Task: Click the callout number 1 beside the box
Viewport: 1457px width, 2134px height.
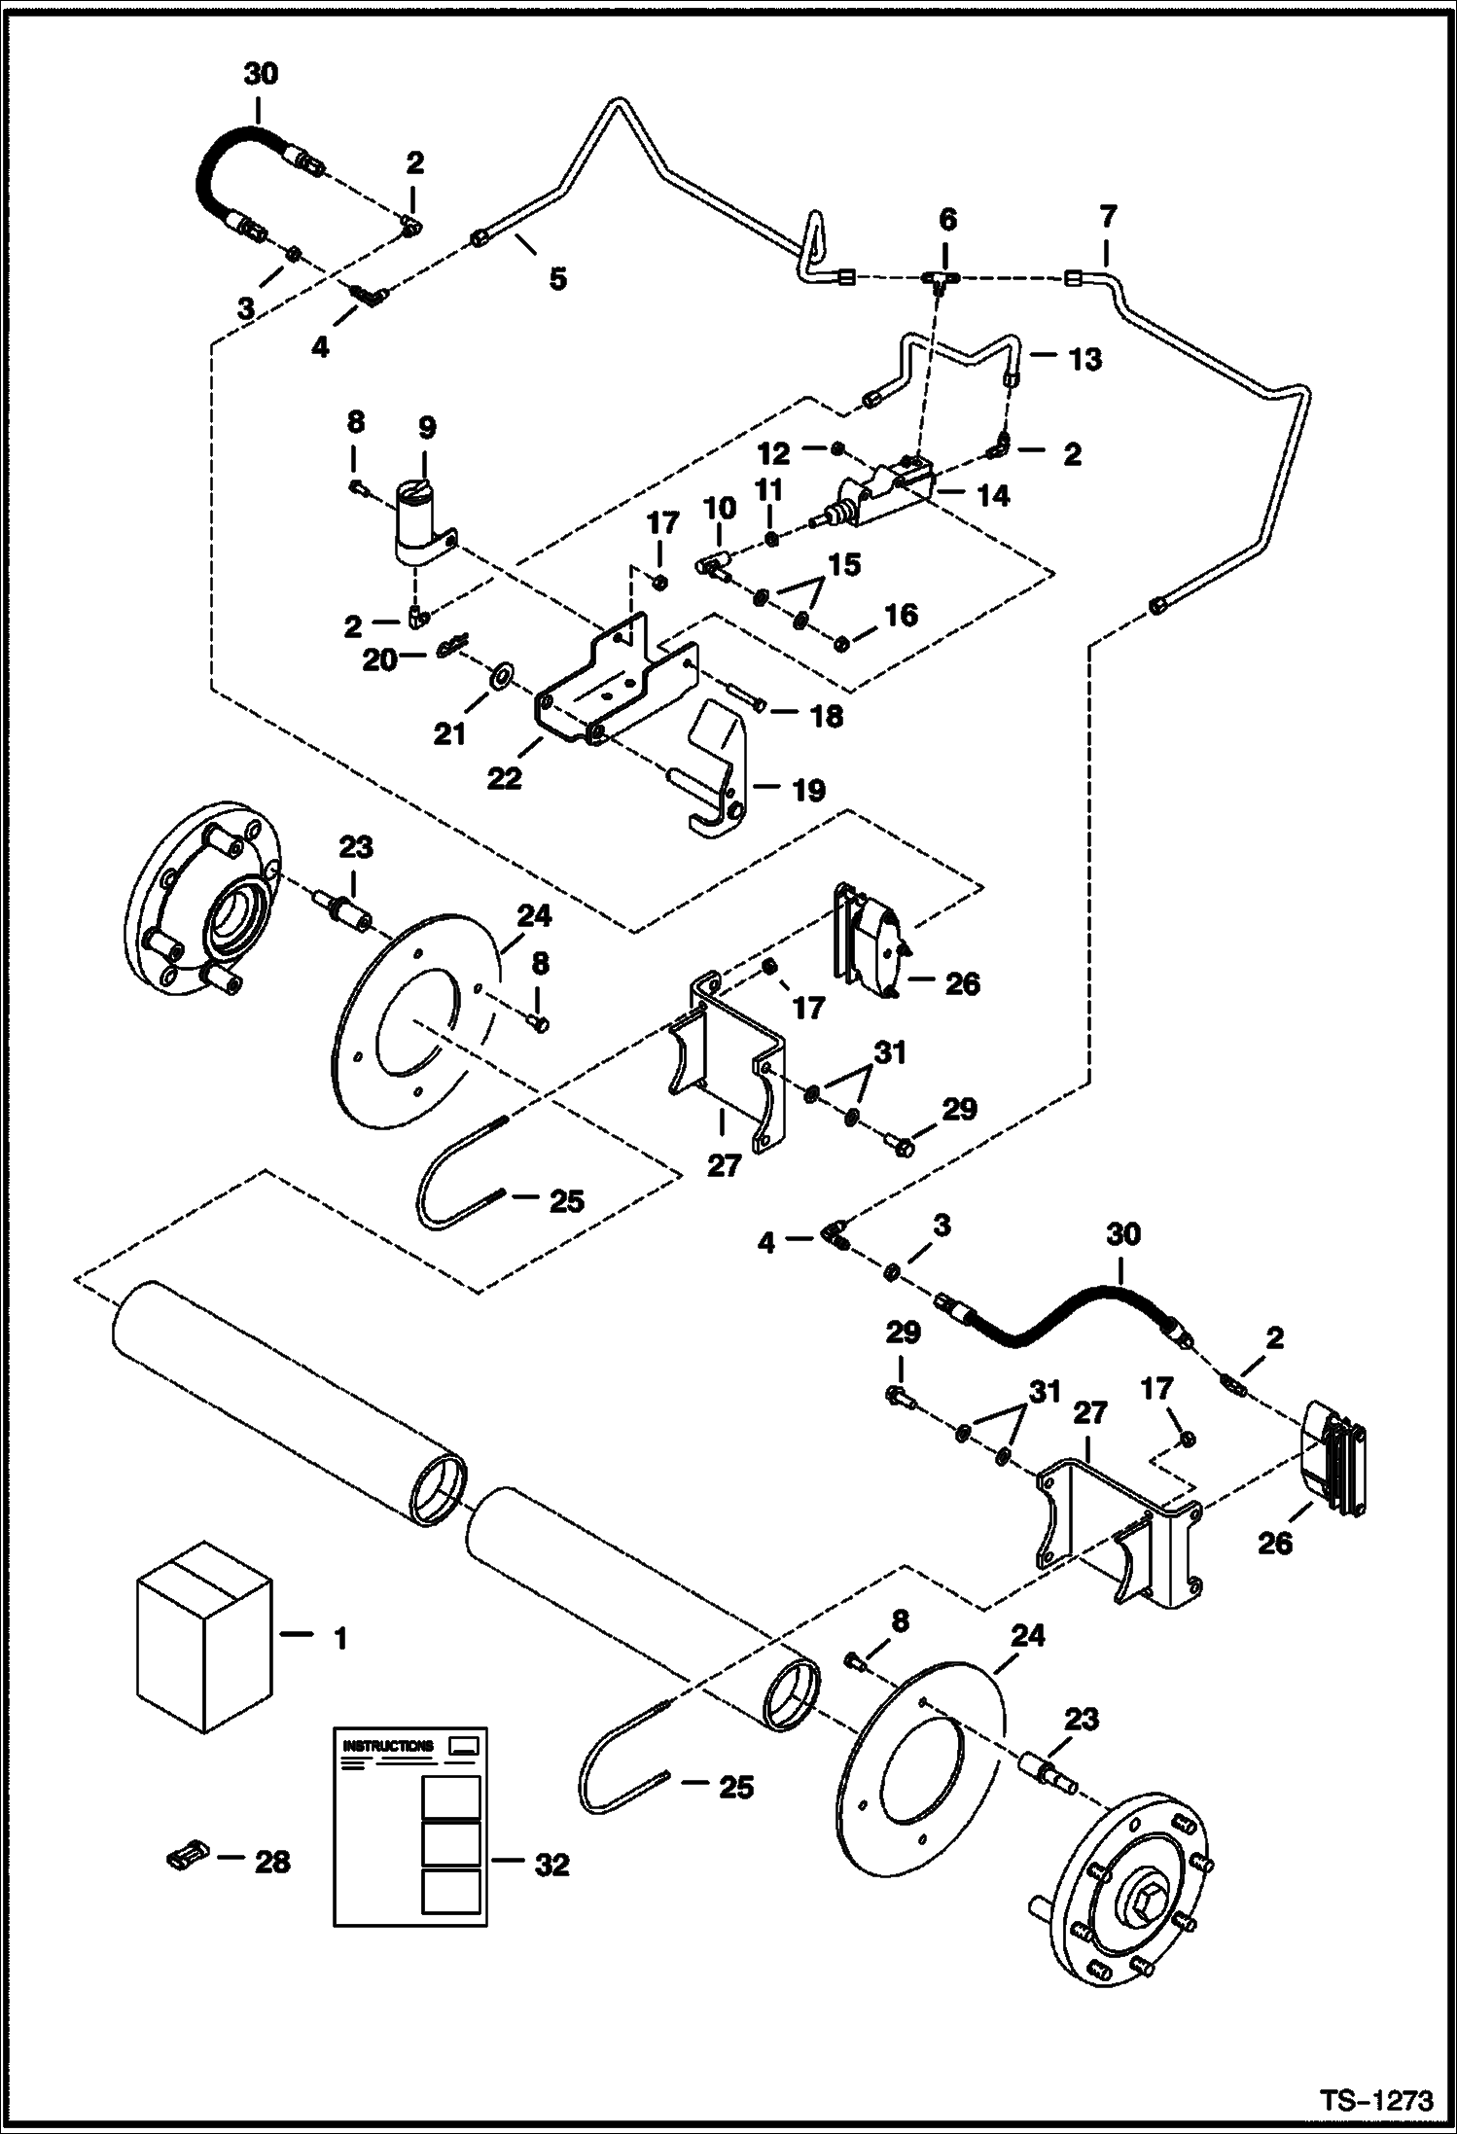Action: click(x=340, y=1639)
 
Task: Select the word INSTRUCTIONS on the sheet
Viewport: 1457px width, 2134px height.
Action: click(x=388, y=1746)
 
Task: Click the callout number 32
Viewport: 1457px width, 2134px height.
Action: click(x=551, y=1865)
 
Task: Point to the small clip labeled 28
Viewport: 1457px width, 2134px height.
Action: click(x=184, y=1858)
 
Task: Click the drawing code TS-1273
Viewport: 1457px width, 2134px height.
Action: click(x=1376, y=2101)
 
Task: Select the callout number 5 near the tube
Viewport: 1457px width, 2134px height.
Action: click(x=557, y=279)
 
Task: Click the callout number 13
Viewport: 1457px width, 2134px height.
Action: click(x=1084, y=359)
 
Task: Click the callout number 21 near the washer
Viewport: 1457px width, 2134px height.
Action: click(x=449, y=734)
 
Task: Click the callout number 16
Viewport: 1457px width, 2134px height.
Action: click(x=901, y=615)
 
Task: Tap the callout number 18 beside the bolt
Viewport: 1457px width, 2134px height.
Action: click(x=826, y=717)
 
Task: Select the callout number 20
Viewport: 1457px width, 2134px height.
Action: click(x=379, y=660)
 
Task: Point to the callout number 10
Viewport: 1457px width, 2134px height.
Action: click(x=721, y=509)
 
